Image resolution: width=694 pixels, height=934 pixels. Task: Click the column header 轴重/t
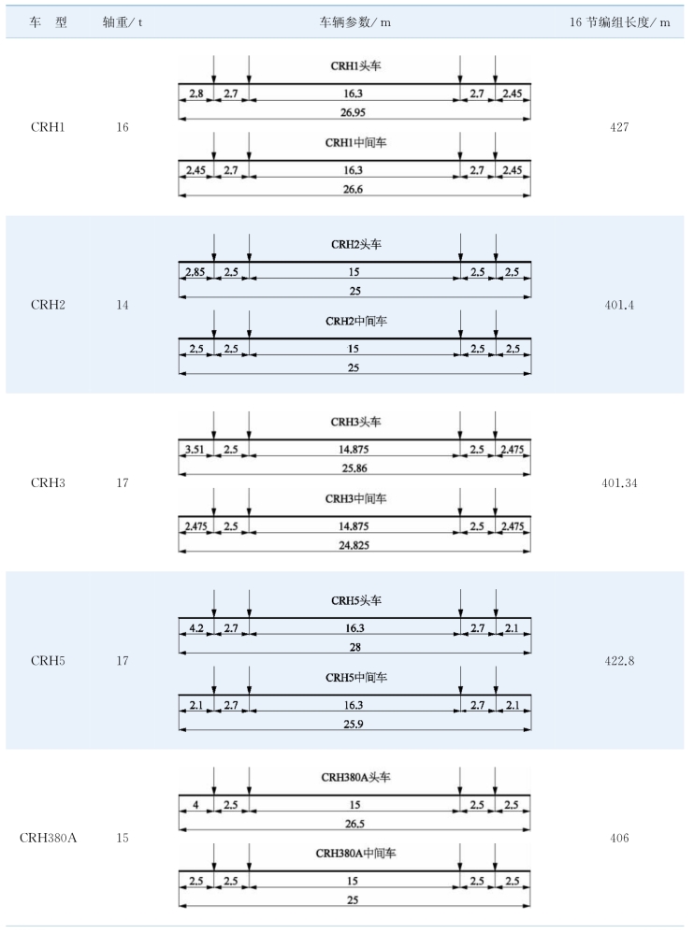[x=123, y=22]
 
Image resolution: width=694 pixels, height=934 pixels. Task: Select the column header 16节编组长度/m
[x=619, y=22]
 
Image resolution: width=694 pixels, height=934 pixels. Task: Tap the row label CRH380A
[x=48, y=838]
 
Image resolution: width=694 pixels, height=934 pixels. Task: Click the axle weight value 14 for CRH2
[x=123, y=305]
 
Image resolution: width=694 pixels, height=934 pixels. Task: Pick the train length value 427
[x=619, y=127]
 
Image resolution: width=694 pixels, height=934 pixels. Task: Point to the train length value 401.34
[x=619, y=482]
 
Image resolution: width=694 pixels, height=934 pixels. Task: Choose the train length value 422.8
[x=619, y=661]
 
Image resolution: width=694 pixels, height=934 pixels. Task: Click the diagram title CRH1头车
[x=355, y=65]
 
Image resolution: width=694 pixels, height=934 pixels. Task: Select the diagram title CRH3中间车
[x=355, y=498]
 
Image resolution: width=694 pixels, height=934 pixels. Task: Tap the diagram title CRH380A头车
[x=355, y=777]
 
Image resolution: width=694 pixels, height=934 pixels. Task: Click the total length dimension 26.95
[x=354, y=112]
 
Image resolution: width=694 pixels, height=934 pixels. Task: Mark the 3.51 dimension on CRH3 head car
[x=195, y=450]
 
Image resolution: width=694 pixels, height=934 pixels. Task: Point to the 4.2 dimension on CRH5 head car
[x=196, y=628]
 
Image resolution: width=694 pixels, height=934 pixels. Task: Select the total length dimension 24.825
[x=354, y=545]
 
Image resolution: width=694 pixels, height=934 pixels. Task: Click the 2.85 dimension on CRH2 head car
[x=195, y=272]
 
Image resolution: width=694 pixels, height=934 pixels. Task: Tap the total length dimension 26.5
[x=354, y=824]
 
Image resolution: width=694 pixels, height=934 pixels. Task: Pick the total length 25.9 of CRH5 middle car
[x=354, y=725]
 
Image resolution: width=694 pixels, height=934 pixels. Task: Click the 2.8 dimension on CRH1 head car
[x=196, y=93]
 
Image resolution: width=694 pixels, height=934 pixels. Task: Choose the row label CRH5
[x=48, y=661]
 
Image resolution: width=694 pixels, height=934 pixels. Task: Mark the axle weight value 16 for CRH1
[x=123, y=127]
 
